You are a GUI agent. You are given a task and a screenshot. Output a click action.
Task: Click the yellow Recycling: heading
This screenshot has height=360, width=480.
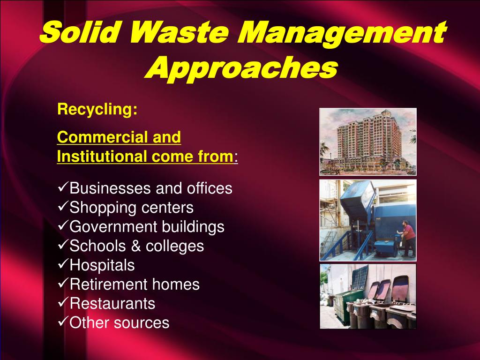(97, 110)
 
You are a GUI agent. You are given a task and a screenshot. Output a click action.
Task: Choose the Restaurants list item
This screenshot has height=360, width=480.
(112, 304)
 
